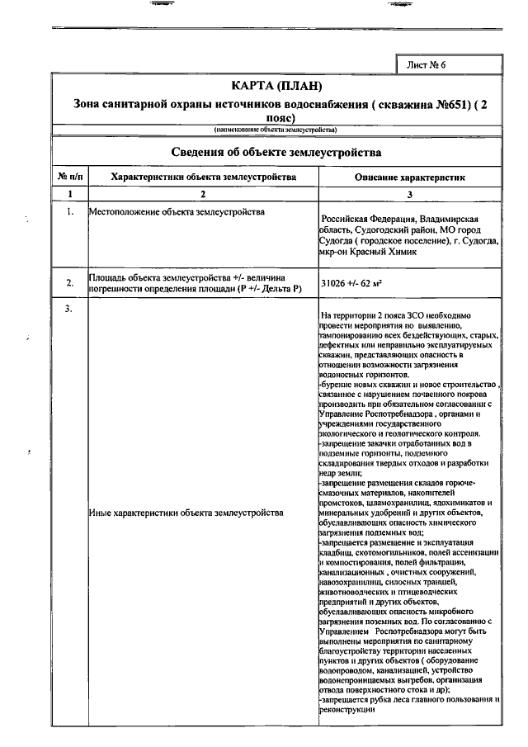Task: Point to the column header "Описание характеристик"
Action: click(410, 177)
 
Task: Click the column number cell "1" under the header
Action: click(69, 194)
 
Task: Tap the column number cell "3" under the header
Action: click(410, 194)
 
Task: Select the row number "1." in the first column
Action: click(69, 212)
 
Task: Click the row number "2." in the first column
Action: click(69, 283)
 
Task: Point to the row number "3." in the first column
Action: click(69, 309)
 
